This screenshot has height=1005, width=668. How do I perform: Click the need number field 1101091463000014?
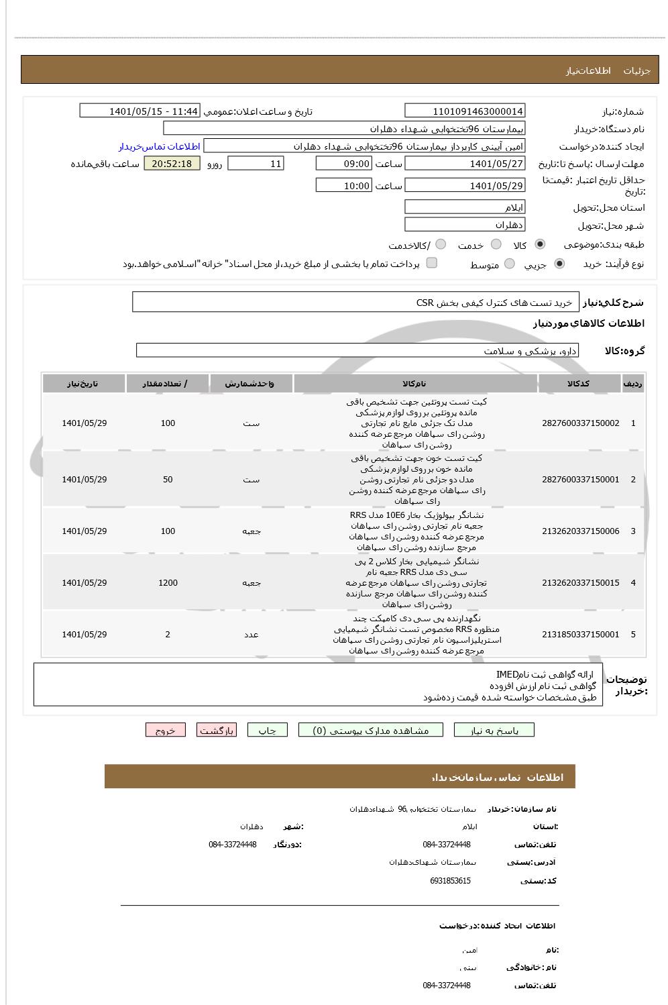465,111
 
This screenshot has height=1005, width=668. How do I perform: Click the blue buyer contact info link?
159,146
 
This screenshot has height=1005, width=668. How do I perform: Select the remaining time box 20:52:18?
172,164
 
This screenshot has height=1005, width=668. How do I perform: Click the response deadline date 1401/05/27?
465,164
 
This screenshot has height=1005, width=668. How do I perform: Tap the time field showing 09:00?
343,164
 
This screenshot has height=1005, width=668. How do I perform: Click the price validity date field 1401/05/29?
465,186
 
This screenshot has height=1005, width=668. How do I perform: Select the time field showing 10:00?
343,186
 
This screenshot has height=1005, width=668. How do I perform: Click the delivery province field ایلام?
465,207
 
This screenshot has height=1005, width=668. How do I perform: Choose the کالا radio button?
541,244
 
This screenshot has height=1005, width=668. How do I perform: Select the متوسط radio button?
510,264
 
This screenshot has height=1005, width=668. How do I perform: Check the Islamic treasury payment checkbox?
432,262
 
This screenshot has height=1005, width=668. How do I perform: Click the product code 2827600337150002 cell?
580,423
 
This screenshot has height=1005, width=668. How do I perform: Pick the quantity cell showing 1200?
168,583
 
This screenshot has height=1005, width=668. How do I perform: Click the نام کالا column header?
415,384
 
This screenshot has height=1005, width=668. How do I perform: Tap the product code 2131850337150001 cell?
580,635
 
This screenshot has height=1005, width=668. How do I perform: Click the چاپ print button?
267,731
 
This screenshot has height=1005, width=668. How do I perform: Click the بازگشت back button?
217,731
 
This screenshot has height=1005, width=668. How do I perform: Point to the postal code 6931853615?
450,881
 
